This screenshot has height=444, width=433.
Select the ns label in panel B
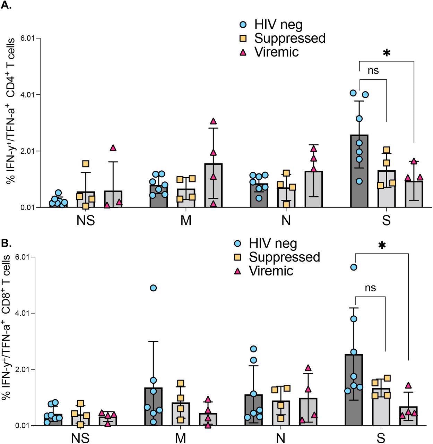370,288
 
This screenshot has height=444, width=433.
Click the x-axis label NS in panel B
80,438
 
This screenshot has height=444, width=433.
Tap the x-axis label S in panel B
381,438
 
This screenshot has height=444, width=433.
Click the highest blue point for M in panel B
153,288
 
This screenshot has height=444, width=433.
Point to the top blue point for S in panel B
354,267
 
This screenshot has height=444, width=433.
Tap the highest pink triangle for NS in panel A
113,148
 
